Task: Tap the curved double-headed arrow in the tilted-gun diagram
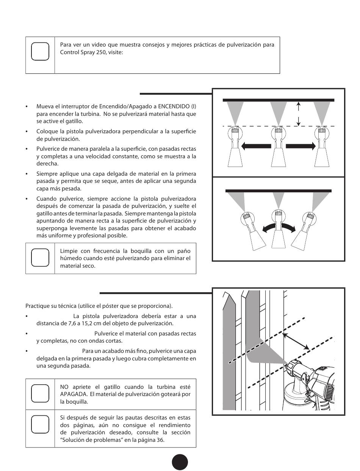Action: tap(278, 227)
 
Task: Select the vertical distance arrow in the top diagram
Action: tap(299, 114)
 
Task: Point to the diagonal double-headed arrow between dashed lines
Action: tap(296, 341)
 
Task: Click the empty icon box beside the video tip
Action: tap(40, 51)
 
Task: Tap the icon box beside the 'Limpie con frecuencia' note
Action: tap(40, 258)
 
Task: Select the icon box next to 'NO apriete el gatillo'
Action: tap(40, 394)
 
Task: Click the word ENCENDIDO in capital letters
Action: tap(174, 106)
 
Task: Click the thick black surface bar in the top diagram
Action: tap(278, 100)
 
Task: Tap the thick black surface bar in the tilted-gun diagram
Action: tap(278, 191)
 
